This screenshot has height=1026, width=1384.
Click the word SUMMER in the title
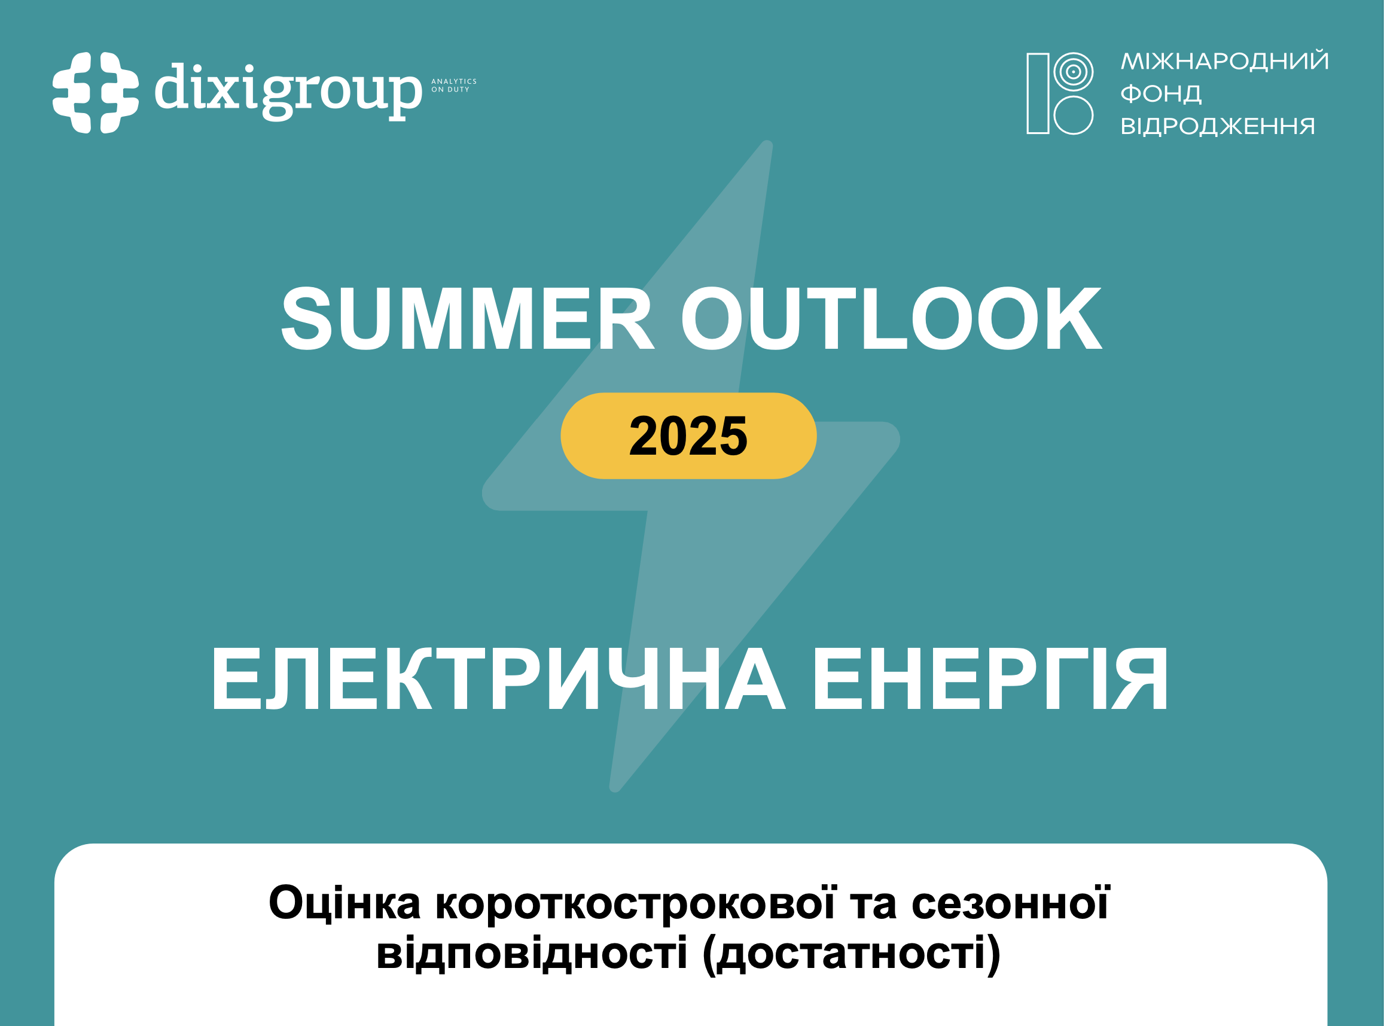pos(467,318)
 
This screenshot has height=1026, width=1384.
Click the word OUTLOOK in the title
pos(892,318)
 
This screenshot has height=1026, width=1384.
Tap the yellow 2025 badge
pos(688,436)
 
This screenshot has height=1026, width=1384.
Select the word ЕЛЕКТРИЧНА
pos(499,679)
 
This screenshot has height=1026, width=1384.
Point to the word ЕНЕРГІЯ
pos(990,679)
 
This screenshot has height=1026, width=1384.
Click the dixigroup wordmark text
pos(288,92)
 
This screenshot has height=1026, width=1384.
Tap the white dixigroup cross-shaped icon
pos(96,93)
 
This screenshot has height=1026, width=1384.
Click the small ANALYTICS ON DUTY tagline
pos(454,86)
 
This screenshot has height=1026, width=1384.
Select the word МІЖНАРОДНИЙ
pos(1224,61)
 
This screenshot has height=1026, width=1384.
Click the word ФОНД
pos(1160,94)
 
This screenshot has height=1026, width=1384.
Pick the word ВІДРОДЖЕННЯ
pos(1218,126)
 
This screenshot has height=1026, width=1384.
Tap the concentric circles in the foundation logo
pos(1073,71)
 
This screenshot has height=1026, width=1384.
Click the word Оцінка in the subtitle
pos(345,903)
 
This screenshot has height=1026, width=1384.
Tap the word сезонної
pos(1010,903)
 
